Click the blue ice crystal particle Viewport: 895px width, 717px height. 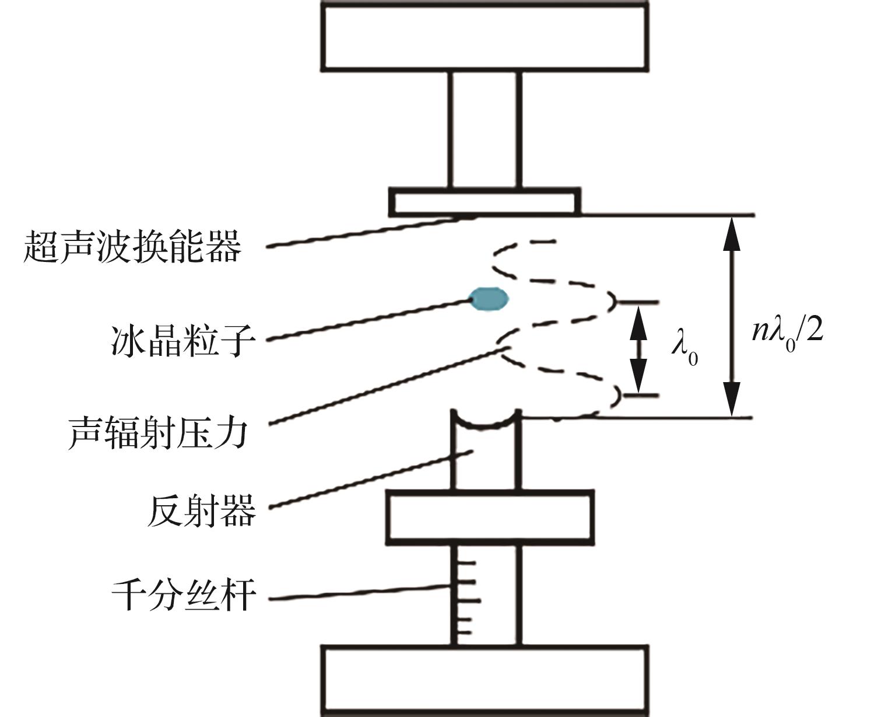pyautogui.click(x=489, y=298)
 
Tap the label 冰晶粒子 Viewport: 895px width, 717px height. pyautogui.click(x=182, y=341)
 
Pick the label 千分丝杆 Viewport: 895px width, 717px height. pyautogui.click(x=184, y=595)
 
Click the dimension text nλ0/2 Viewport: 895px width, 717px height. pyautogui.click(x=787, y=331)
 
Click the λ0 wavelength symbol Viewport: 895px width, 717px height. pyautogui.click(x=684, y=349)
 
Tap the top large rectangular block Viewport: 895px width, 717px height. pyautogui.click(x=485, y=36)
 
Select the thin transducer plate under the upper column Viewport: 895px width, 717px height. pyautogui.click(x=485, y=202)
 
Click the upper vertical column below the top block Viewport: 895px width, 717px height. pyautogui.click(x=485, y=128)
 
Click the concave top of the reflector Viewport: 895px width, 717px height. pyautogui.click(x=485, y=421)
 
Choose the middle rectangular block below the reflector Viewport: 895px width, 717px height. pyautogui.click(x=490, y=517)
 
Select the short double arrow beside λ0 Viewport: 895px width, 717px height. pyautogui.click(x=639, y=349)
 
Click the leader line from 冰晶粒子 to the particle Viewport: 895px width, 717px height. pyautogui.click(x=367, y=320)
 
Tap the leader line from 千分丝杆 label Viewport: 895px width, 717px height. pyautogui.click(x=359, y=592)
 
